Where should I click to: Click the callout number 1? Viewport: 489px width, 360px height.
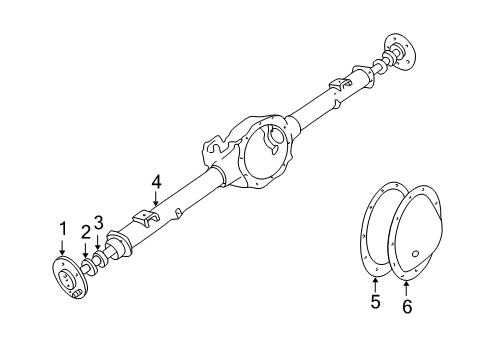coord(62,229)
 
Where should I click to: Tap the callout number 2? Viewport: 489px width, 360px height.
coord(86,232)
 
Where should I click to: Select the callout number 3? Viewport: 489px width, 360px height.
coord(99,222)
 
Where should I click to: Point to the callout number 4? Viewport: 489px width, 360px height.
coord(156,182)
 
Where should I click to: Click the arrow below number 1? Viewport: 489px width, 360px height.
coord(63,250)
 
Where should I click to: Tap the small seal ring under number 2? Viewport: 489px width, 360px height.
coord(88,264)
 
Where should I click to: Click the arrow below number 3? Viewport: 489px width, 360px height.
coord(98,241)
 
